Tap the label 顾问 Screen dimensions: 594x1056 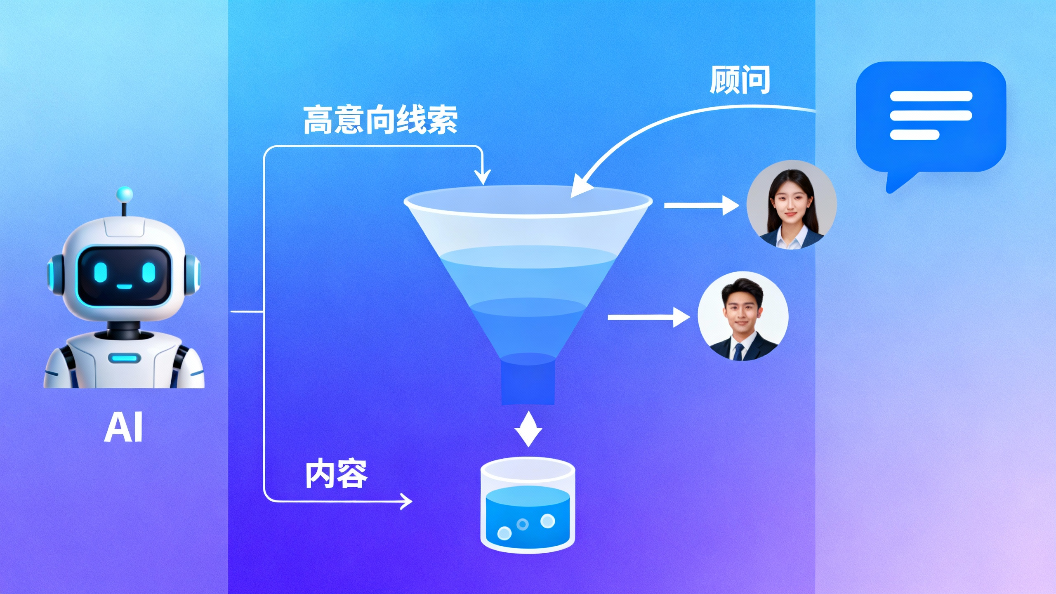(740, 80)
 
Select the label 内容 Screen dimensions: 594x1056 (336, 474)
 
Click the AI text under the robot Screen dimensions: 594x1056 (123, 428)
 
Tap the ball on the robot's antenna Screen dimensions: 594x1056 (124, 194)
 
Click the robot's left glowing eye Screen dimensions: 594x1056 (100, 272)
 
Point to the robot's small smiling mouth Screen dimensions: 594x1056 (124, 287)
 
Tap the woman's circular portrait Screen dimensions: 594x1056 (791, 205)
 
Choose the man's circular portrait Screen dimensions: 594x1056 (743, 316)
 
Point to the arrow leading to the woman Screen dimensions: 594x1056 (701, 205)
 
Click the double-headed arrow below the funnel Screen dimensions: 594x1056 (528, 429)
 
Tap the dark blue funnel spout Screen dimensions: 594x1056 (528, 384)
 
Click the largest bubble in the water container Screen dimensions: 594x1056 (547, 521)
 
